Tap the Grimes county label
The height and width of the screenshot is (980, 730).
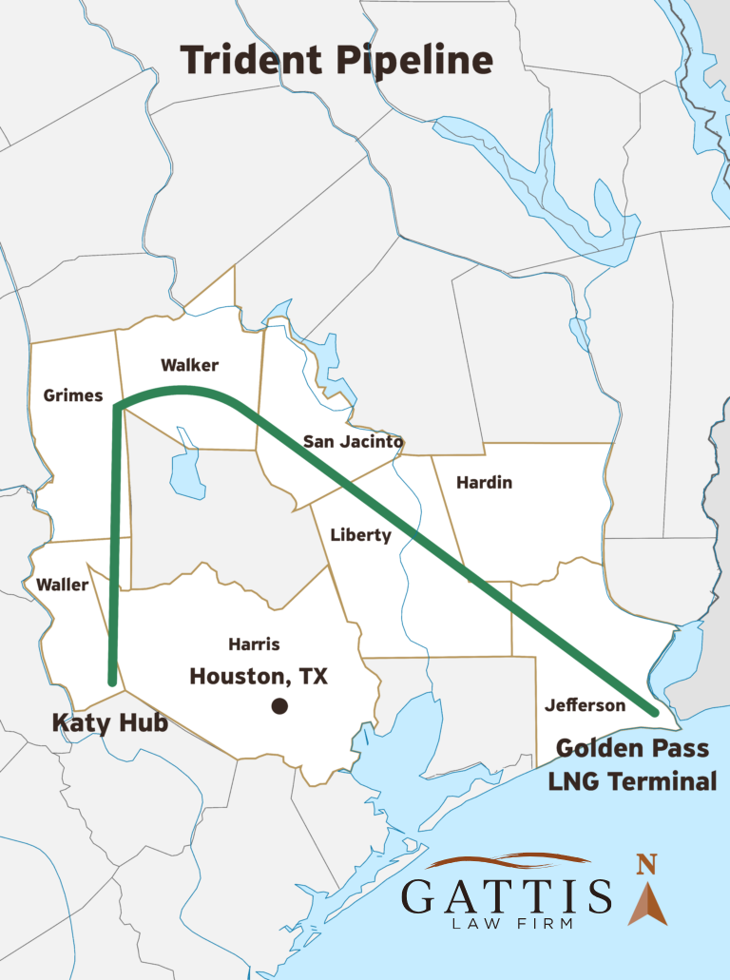point(73,395)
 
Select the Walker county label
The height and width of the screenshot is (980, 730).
point(189,365)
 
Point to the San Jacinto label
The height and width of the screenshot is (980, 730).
point(354,441)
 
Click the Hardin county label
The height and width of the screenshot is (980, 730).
point(484,482)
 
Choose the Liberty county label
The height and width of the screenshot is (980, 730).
point(360,535)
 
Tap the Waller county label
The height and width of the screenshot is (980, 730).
point(62,585)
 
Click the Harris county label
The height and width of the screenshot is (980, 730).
point(254,644)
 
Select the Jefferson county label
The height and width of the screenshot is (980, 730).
point(586,705)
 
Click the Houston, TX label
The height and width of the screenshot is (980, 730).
point(259,676)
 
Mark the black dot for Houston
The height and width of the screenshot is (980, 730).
point(279,705)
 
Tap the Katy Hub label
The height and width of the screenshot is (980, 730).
point(109,723)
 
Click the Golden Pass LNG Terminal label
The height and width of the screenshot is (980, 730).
point(632,764)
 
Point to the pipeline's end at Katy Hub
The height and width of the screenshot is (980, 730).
point(113,681)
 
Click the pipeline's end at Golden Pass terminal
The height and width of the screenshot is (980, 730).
point(655,710)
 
